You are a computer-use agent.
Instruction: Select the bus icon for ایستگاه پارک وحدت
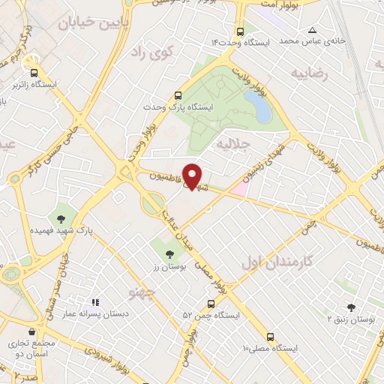(x=178, y=96)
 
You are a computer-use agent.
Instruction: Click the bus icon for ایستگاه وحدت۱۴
(x=239, y=32)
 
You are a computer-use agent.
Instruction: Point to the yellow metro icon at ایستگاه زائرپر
(x=31, y=62)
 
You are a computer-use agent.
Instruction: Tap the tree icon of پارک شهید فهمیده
(x=61, y=219)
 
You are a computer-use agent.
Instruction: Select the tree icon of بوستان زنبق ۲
(x=351, y=307)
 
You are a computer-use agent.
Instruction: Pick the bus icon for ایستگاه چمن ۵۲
(x=210, y=304)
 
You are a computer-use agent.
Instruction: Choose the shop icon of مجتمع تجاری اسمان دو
(x=31, y=331)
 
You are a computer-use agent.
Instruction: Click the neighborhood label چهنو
(x=142, y=289)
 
